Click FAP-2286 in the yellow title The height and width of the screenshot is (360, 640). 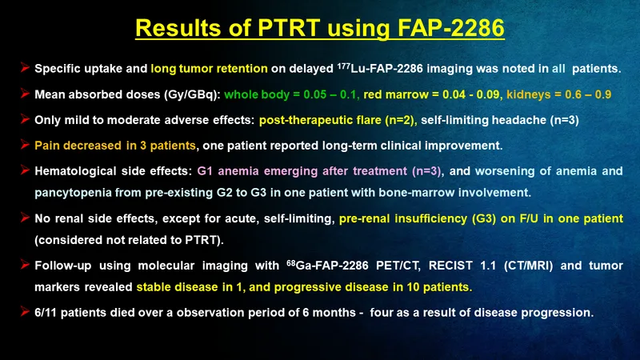[451, 28]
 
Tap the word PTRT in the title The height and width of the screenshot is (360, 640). [289, 28]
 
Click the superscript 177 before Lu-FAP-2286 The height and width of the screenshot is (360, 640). [344, 66]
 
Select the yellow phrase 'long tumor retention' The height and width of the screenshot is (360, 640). [209, 68]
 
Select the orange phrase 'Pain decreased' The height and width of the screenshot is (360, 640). [78, 146]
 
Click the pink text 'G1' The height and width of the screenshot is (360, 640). [205, 171]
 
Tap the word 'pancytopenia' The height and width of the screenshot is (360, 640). [73, 193]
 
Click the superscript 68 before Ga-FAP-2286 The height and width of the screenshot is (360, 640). [290, 262]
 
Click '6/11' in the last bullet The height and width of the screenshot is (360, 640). [46, 313]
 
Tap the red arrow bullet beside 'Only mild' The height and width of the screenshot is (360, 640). [25, 118]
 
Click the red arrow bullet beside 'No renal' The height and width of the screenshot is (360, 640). [25, 217]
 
